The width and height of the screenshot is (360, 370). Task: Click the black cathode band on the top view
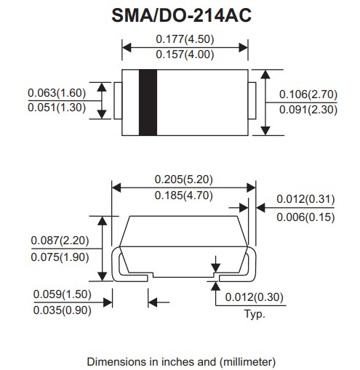pos(148,102)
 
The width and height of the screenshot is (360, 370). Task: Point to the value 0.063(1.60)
pos(57,93)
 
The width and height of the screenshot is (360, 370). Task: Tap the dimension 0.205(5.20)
pos(183,179)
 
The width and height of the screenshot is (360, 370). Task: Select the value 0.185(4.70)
pos(183,195)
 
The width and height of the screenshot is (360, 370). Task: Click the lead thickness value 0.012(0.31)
pos(305,199)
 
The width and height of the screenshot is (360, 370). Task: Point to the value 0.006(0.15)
pos(305,216)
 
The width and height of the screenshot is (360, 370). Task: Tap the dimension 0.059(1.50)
pos(63,294)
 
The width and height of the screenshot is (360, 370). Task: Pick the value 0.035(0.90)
pos(63,310)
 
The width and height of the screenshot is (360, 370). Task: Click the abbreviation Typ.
pos(255,314)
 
